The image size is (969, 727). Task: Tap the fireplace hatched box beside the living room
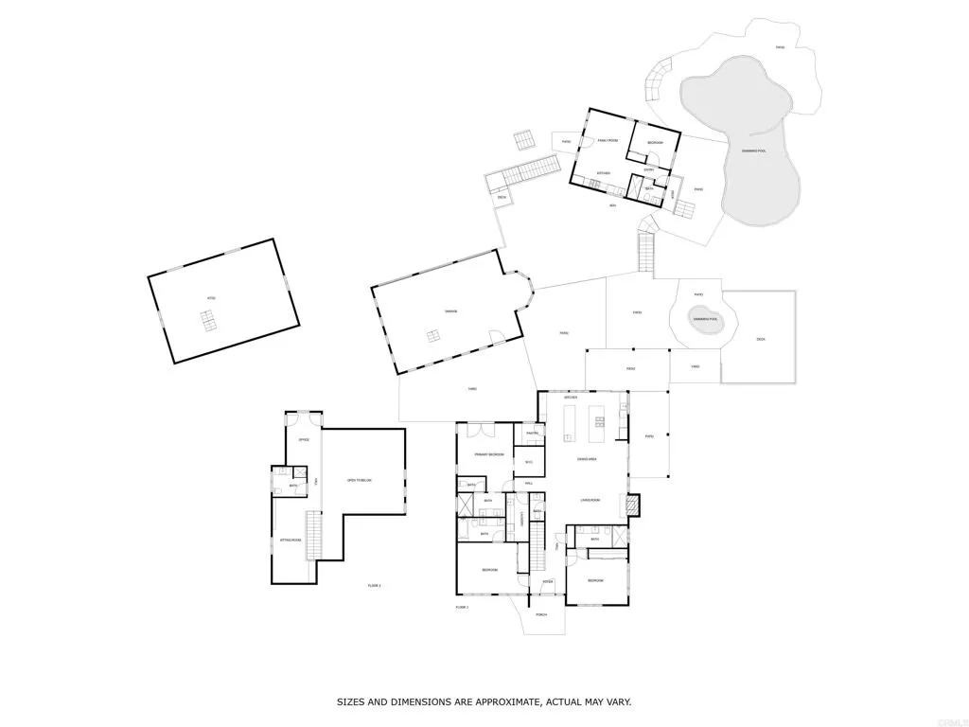coord(633,505)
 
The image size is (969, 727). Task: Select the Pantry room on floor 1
coord(533,434)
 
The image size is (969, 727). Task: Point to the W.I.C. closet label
coord(529,462)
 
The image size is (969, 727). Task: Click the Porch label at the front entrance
coord(541,614)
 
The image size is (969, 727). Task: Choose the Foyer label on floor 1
coord(547,581)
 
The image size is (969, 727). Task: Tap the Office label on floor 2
coord(304,440)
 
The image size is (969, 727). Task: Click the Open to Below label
coord(360,481)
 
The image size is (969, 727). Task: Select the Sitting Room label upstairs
coord(290,541)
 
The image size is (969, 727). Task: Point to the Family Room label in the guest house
coord(607,140)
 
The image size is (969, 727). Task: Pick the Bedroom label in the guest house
coord(655,143)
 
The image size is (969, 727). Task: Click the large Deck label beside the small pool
coord(761,340)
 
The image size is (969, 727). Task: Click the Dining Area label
coord(587,459)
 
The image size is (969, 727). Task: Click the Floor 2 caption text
coord(374,586)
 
